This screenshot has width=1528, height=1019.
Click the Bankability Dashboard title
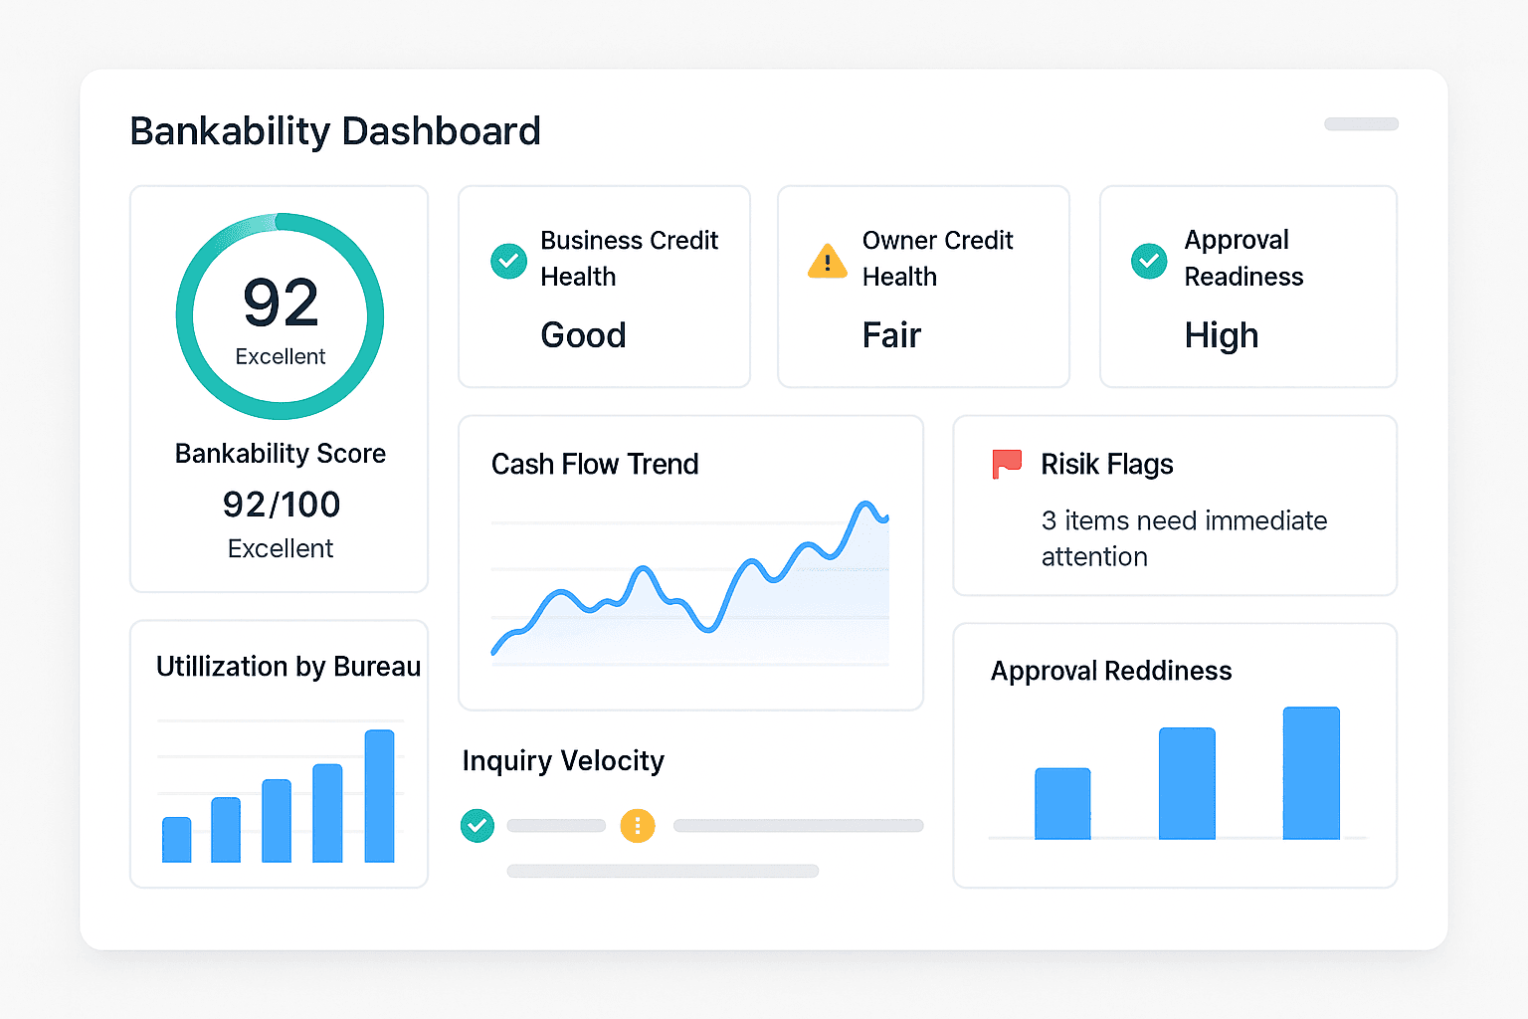(x=335, y=131)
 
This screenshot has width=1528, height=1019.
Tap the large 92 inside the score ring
(x=281, y=303)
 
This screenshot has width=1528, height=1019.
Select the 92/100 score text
(x=282, y=505)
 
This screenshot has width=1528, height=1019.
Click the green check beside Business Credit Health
(x=509, y=261)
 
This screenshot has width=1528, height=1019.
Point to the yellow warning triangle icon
(x=828, y=262)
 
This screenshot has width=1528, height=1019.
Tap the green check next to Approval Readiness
(x=1149, y=261)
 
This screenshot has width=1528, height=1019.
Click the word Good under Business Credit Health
(x=583, y=335)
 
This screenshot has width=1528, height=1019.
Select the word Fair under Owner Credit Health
(x=891, y=335)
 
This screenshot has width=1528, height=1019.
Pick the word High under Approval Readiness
(x=1222, y=335)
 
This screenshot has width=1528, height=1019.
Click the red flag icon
(x=1007, y=464)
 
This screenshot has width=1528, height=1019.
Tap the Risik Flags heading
(x=1107, y=465)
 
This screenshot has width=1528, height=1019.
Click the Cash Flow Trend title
(x=595, y=465)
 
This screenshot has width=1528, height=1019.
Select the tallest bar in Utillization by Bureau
(x=379, y=796)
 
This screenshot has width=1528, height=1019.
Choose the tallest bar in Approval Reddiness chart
(x=1311, y=773)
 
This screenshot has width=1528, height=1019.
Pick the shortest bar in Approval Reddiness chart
(x=1062, y=803)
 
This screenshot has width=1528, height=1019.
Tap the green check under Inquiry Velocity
(x=477, y=825)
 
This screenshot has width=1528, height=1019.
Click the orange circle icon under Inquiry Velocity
(x=638, y=825)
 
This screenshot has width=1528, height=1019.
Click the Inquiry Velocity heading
(x=563, y=761)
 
